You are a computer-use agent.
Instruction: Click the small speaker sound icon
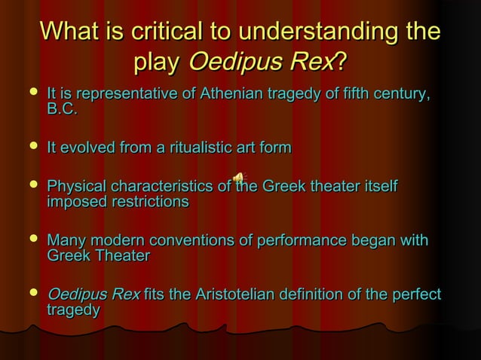click(239, 178)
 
